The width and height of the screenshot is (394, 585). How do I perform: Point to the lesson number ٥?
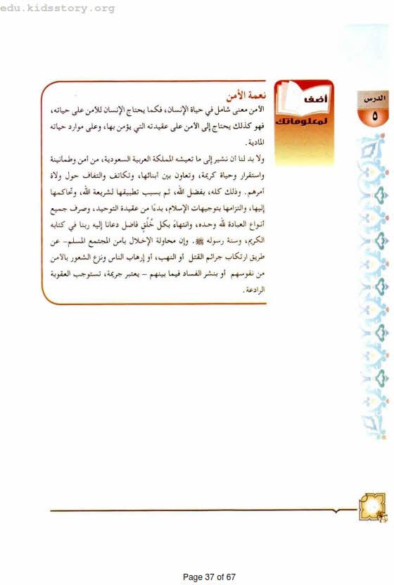pyautogui.click(x=374, y=115)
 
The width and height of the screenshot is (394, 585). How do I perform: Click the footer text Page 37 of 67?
pyautogui.click(x=209, y=577)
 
